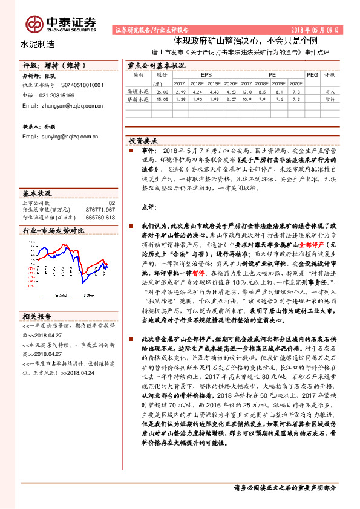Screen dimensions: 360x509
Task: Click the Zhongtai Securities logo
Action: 61,23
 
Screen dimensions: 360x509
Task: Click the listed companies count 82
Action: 111,203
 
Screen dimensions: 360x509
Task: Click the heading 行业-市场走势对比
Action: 53,231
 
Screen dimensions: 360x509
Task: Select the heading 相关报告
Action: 37,316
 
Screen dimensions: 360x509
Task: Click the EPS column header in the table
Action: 198,74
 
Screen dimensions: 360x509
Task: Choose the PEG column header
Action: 312,74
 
